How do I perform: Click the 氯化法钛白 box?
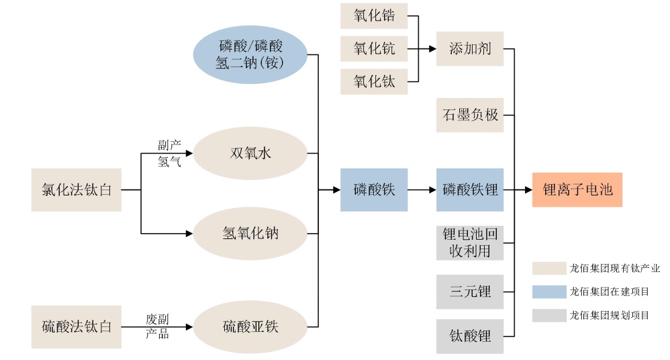tap(77, 190)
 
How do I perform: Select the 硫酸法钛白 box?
tap(77, 327)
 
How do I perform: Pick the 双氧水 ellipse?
tap(250, 153)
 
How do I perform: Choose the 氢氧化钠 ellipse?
tap(250, 234)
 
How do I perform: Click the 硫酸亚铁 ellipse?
tap(250, 327)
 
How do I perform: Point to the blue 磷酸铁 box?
tap(374, 190)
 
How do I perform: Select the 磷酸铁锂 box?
tap(470, 190)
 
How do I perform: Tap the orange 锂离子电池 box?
tap(577, 190)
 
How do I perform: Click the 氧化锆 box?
tap(374, 16)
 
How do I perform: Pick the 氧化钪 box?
tap(374, 48)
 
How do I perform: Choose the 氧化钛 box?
tap(374, 82)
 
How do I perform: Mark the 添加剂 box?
tap(470, 48)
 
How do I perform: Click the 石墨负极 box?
tap(470, 115)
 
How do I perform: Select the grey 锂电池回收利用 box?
tap(470, 243)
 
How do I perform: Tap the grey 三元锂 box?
tap(470, 292)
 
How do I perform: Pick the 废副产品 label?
tap(157, 326)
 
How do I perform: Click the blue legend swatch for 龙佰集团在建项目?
tap(549, 291)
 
